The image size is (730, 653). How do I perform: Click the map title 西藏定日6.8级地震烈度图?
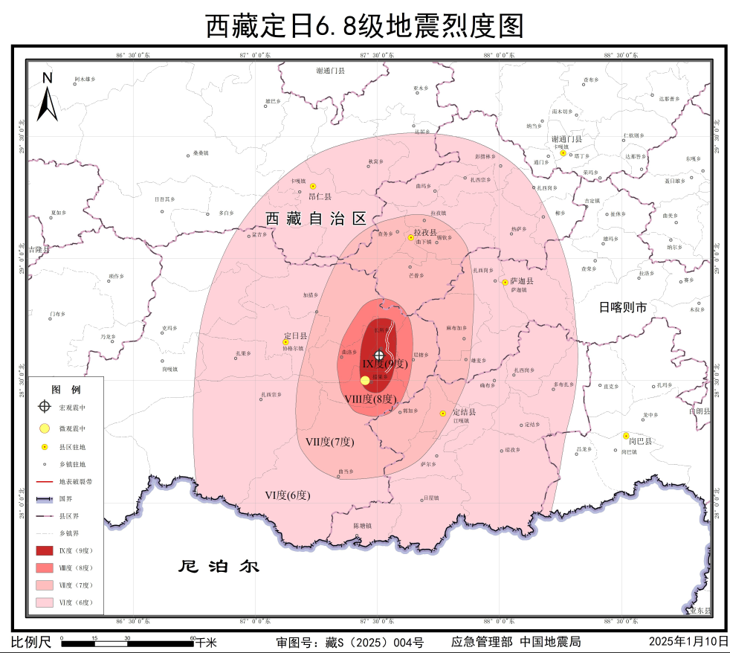364,26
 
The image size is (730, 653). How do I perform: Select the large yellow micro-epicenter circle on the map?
365,380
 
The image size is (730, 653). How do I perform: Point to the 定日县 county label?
295,335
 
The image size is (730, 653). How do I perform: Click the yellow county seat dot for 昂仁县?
313,186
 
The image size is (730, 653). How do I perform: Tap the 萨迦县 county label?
521,281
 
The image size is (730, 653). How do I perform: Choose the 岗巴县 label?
640,441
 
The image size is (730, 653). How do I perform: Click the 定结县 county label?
464,411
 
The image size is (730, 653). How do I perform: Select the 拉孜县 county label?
425,232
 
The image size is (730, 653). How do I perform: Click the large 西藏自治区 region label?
317,218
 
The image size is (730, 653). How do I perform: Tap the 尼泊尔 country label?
219,566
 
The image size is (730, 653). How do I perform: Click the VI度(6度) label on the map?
287,495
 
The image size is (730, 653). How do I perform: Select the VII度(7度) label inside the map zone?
330,442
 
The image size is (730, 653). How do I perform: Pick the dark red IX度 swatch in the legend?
45,550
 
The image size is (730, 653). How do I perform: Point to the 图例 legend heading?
61,390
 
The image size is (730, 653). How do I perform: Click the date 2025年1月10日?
687,641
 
